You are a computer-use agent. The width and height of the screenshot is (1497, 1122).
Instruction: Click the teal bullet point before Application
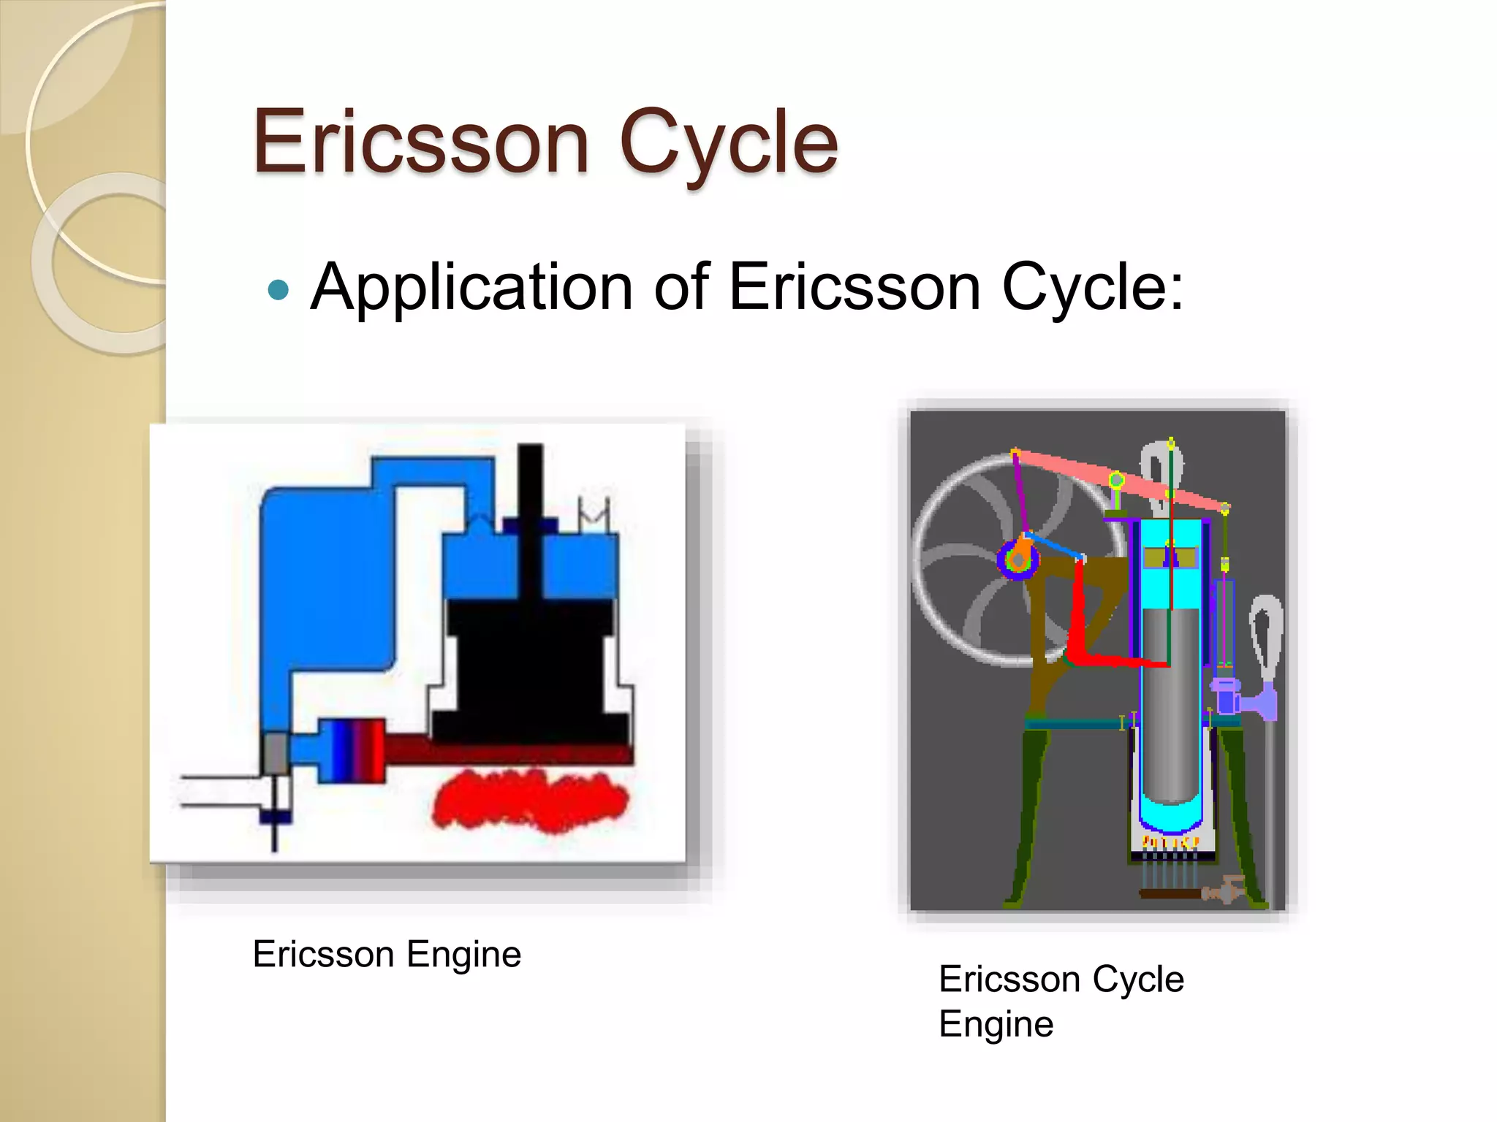pyautogui.click(x=278, y=291)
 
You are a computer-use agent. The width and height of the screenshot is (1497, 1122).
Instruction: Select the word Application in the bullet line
pyautogui.click(x=471, y=289)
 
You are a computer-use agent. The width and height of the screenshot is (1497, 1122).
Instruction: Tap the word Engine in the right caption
pyautogui.click(x=996, y=1023)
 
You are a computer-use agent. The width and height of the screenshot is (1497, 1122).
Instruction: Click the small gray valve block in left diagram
pyautogui.click(x=275, y=753)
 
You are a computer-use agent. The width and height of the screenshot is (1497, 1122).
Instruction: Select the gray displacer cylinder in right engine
pyautogui.click(x=1170, y=701)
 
